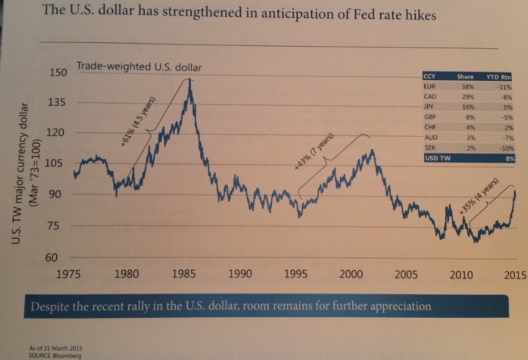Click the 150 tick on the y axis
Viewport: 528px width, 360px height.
pyautogui.click(x=57, y=73)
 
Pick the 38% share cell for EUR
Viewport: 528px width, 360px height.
pyautogui.click(x=465, y=86)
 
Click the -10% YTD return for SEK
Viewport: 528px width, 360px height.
pyautogui.click(x=506, y=148)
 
